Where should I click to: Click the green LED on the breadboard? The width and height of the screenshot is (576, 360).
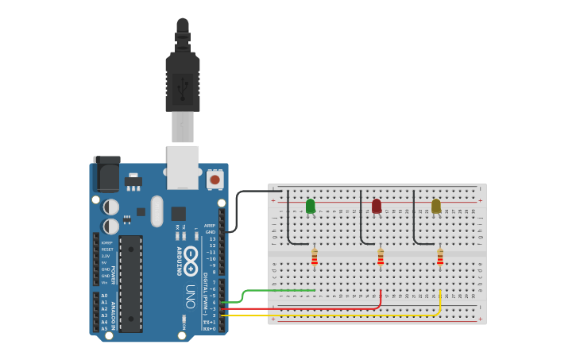point(310,206)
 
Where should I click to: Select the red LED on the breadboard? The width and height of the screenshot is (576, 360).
point(377,206)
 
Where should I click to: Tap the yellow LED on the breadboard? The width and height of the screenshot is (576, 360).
point(435,206)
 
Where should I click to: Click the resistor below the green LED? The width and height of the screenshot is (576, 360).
point(315,257)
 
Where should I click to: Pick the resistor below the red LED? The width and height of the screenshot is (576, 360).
point(381,257)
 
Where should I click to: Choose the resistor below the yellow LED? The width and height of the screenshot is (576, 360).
point(440,257)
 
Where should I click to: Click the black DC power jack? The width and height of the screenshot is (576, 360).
point(106,173)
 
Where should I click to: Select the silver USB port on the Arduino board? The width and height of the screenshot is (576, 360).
point(183,167)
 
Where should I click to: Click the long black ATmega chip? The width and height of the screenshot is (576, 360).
point(130,283)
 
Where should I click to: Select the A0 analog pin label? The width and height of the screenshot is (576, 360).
point(104,296)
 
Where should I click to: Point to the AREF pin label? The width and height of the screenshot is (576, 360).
point(210,225)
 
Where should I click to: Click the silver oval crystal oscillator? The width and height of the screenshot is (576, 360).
point(157,211)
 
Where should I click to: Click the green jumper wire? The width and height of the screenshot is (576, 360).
point(270,291)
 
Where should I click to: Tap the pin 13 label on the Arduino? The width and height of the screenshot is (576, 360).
point(211,238)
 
